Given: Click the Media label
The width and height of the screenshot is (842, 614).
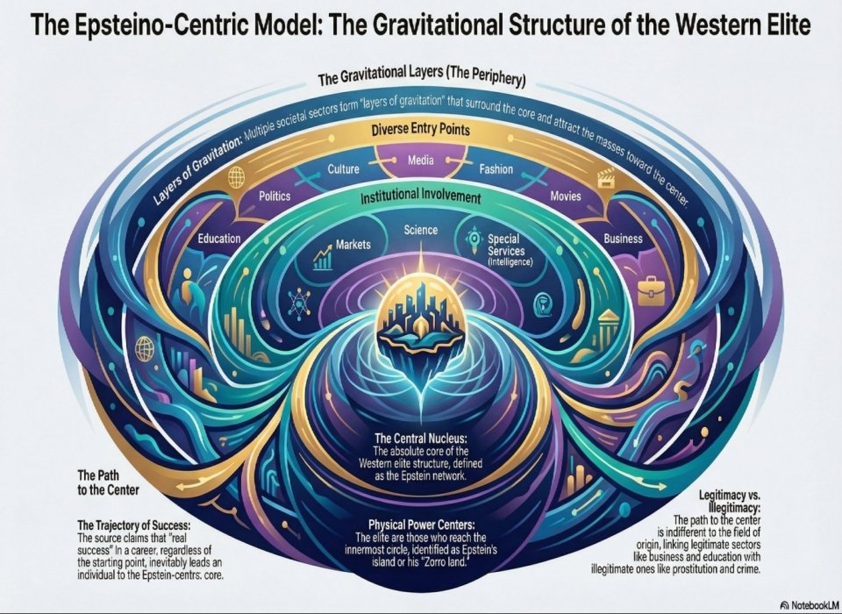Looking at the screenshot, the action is click(x=420, y=160).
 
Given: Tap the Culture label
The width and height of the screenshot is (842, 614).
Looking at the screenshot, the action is click(x=343, y=169).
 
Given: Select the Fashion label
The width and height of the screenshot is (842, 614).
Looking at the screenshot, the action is click(x=496, y=169).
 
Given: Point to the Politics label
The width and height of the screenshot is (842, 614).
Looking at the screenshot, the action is click(x=275, y=196).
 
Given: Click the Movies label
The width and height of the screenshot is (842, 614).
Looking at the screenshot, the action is click(x=566, y=196).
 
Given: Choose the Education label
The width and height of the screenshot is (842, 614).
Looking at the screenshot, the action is click(x=219, y=238).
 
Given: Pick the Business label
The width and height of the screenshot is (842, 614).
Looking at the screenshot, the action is click(x=623, y=239).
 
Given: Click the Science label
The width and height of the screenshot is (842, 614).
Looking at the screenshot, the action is click(x=420, y=230).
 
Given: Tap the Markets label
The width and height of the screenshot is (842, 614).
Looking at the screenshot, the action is click(x=353, y=245).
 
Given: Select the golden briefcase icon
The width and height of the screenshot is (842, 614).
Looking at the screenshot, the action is click(x=650, y=289).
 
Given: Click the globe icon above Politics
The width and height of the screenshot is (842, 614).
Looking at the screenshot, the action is click(x=236, y=176).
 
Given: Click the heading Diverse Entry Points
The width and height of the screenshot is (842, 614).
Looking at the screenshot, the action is click(x=420, y=130).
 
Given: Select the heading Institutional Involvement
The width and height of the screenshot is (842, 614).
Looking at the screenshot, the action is click(x=420, y=197).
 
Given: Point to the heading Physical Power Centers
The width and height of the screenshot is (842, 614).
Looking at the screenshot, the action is click(x=422, y=525).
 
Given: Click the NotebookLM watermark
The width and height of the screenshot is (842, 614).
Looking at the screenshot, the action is click(x=810, y=605).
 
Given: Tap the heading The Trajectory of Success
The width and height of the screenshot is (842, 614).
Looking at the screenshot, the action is click(x=133, y=525).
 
